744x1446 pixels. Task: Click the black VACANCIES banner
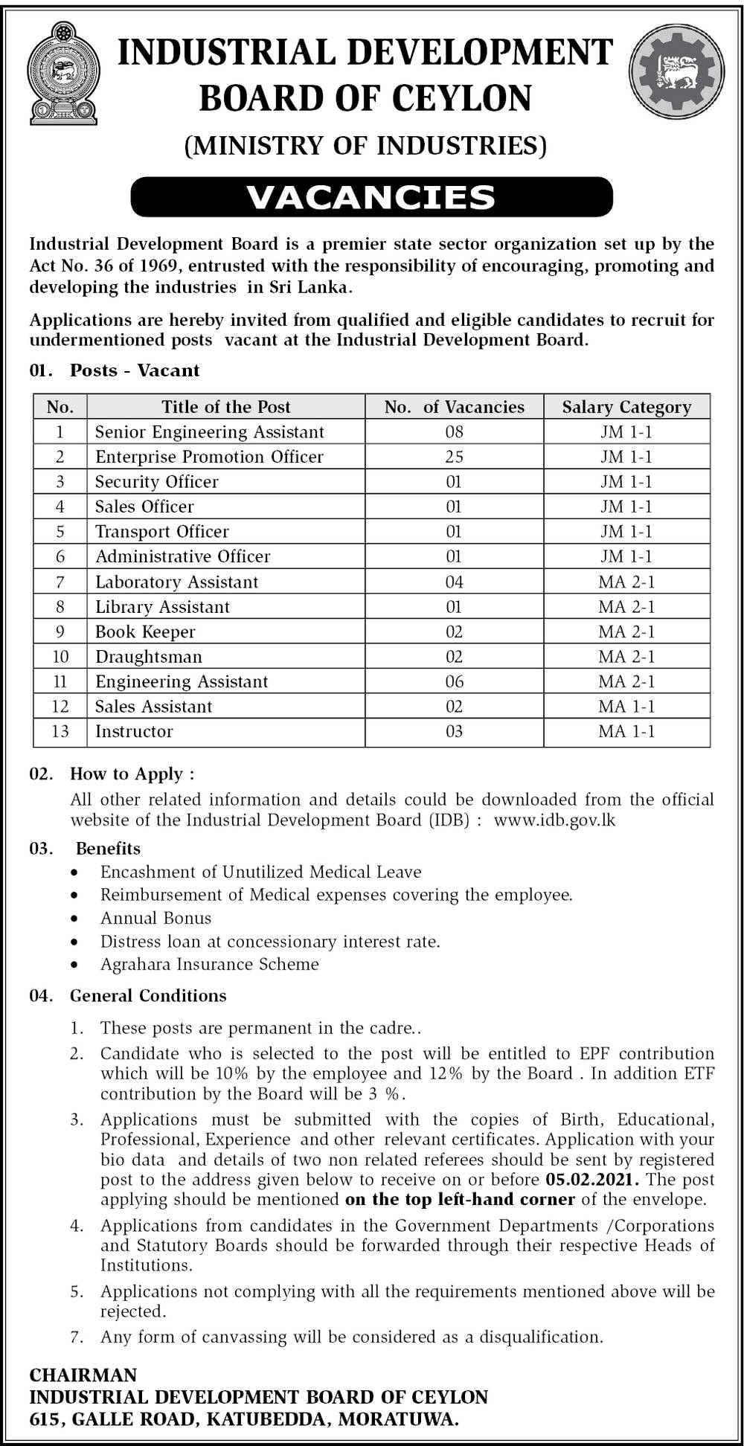[x=371, y=197]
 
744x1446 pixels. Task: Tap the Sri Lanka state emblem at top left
[x=63, y=73]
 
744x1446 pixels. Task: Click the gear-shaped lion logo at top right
[x=676, y=71]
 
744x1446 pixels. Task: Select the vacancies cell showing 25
[x=454, y=457]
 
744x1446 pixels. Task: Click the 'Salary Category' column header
[x=626, y=407]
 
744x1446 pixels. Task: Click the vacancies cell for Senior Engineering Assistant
[x=454, y=432]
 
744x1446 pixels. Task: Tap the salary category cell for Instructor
[x=626, y=731]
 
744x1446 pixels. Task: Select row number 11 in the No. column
[x=60, y=681]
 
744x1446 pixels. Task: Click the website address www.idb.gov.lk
[x=554, y=820]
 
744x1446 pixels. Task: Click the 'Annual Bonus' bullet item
[x=156, y=918]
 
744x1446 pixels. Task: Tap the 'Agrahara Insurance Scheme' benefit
[x=210, y=964]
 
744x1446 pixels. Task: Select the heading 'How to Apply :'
[x=132, y=774]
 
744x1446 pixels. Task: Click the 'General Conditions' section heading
[x=148, y=995]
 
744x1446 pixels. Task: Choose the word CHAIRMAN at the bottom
[x=83, y=1375]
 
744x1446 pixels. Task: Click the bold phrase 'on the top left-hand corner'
[x=460, y=1199]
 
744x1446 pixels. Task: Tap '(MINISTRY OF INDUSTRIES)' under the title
[x=365, y=145]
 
